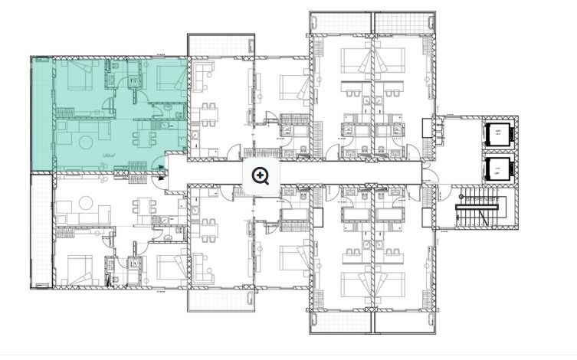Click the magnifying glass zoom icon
coord(261,176)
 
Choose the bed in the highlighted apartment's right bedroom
coord(166,76)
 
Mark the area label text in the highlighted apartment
coord(109,156)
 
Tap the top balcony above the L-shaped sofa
coord(220,44)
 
